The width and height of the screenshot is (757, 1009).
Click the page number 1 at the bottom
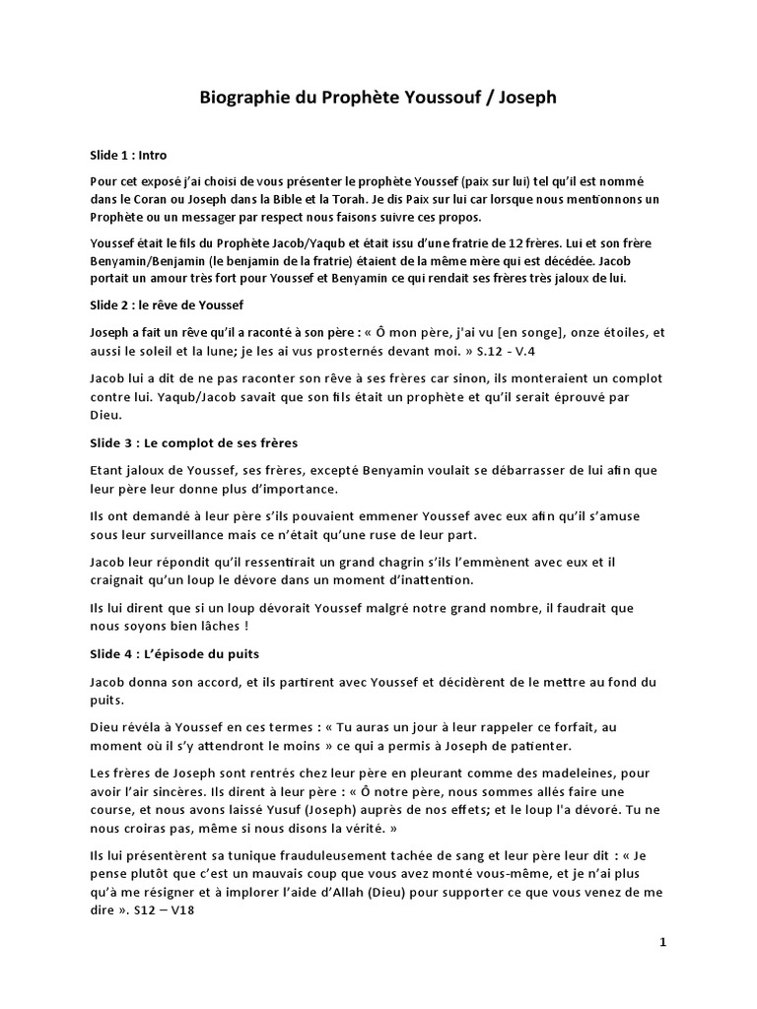[663, 942]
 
